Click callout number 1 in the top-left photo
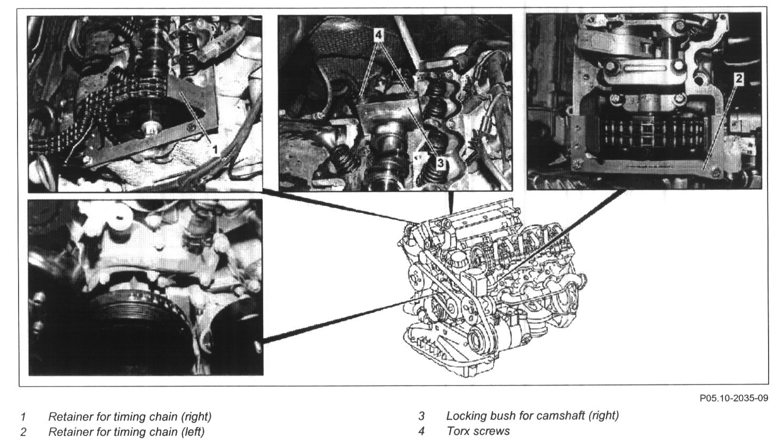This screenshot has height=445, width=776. pos(215,149)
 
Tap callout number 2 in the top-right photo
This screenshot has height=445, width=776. pos(739,79)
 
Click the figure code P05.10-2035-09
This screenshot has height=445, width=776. pos(734,398)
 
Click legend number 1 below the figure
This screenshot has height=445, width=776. pos(23,416)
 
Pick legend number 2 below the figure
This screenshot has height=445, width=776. pos(23,432)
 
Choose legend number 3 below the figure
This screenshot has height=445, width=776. pos(421,416)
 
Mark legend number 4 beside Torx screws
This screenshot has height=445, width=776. pos(421,432)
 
